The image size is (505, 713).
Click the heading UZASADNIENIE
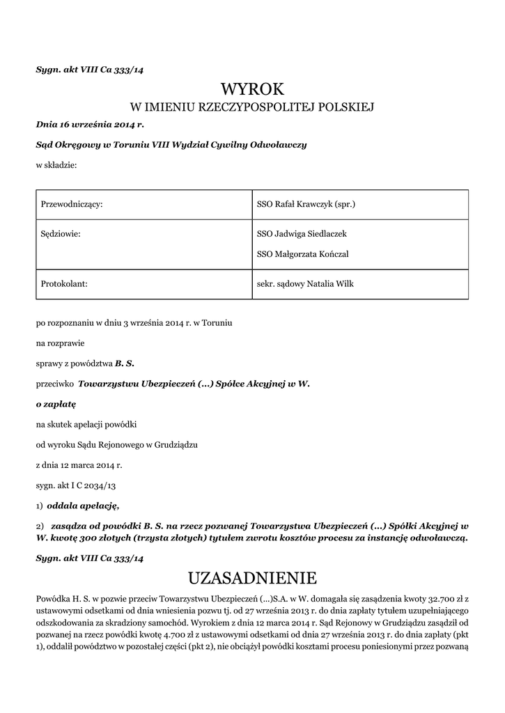[253, 578]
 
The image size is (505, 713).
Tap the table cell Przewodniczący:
[72, 204]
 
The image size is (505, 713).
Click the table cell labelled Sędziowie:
[61, 234]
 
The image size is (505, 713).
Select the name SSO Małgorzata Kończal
[303, 254]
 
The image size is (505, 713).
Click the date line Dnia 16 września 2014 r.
[89, 125]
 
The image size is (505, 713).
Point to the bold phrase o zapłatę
[56, 403]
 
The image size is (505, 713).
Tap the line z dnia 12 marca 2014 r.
[79, 464]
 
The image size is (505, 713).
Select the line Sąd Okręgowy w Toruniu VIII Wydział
[171, 145]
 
